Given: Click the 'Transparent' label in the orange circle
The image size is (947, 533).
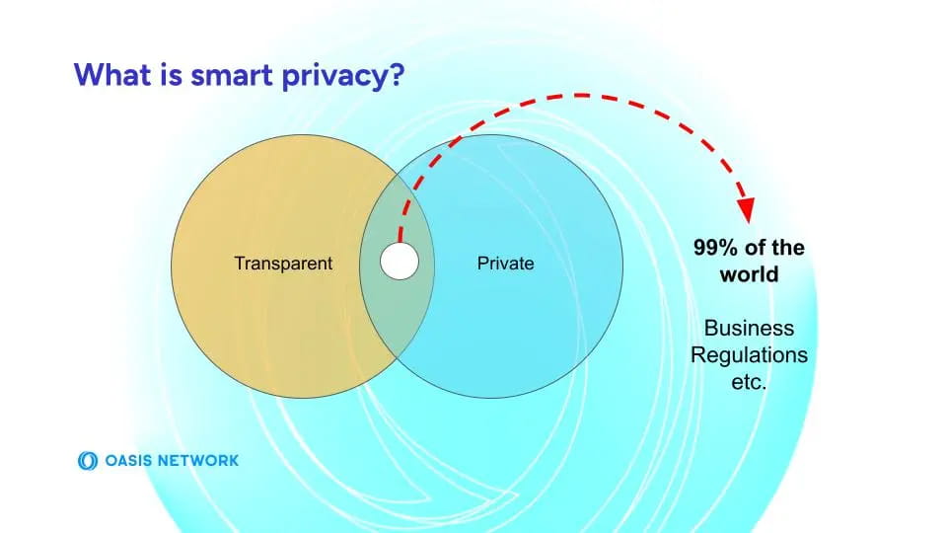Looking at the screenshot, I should point(283,264).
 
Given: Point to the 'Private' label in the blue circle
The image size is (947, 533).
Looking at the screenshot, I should point(505,264).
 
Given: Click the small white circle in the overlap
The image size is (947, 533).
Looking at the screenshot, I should point(400,263).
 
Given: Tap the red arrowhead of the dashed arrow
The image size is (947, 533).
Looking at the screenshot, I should point(746,210).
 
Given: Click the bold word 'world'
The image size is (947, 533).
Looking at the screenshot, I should point(749,274).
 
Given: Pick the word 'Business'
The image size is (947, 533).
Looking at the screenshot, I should point(749,328).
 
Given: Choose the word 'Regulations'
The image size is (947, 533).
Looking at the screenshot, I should point(749,354).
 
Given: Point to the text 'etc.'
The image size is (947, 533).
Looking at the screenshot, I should point(749,381).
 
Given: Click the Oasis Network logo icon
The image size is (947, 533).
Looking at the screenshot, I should point(86,460).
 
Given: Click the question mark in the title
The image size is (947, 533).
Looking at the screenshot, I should point(395,75).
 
